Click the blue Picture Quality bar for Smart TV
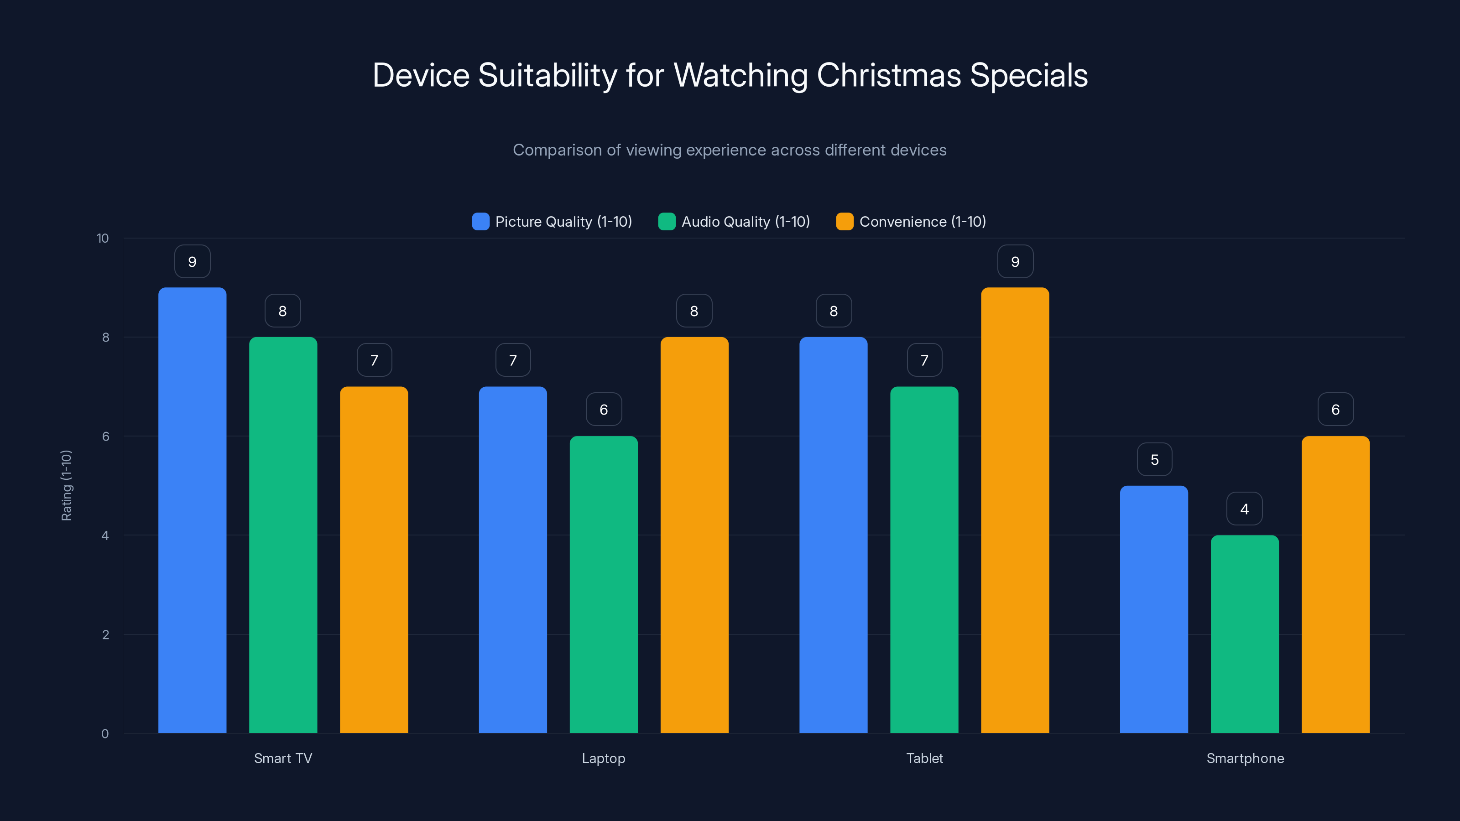[192, 510]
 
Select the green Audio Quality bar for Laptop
[604, 584]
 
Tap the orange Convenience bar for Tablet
[1015, 510]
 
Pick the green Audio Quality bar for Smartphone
[1245, 634]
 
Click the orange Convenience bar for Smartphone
[1335, 584]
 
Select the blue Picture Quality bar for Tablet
[833, 535]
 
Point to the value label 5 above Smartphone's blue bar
[1154, 459]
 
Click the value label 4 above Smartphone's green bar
[1245, 509]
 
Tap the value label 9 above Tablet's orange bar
[1015, 262]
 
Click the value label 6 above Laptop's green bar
[604, 410]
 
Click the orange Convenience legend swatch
[845, 222]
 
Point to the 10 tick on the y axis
[103, 239]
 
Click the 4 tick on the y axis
[105, 535]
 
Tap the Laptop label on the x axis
[604, 758]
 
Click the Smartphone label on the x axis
[1245, 758]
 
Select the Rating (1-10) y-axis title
[66, 486]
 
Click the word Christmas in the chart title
[888, 75]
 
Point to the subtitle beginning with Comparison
[730, 150]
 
